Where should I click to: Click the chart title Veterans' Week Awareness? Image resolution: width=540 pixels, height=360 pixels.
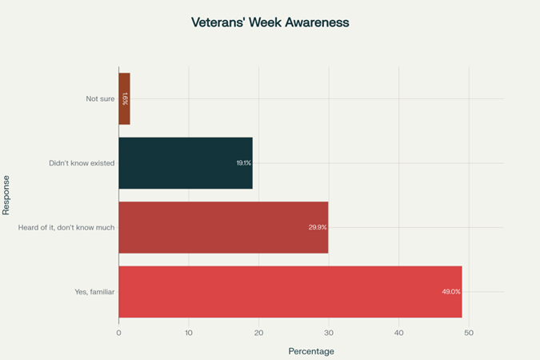270,22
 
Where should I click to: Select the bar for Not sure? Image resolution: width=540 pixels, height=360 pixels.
124,99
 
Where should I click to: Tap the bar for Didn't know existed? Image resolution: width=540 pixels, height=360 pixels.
186,163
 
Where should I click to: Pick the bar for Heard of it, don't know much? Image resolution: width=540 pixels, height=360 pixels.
223,227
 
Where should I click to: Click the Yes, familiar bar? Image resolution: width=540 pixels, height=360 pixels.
290,291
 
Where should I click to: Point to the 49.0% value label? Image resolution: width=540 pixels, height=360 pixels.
451,291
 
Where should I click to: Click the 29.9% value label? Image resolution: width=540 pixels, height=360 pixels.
318,227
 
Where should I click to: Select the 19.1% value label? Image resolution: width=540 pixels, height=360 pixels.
243,163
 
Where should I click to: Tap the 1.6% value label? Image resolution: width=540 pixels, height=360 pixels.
125,99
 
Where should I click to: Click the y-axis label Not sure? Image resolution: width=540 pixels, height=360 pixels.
100,99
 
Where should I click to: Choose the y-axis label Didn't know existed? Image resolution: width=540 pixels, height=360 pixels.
82,163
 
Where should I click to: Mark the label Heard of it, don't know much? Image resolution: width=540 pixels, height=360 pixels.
66,227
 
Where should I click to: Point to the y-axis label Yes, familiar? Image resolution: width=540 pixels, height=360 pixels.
94,291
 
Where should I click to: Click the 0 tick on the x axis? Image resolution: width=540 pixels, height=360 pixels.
118,332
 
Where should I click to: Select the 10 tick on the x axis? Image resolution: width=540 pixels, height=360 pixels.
189,332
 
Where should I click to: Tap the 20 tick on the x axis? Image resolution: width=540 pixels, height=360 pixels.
258,332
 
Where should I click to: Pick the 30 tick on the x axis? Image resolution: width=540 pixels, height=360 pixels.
329,332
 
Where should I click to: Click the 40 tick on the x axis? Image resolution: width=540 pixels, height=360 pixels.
398,332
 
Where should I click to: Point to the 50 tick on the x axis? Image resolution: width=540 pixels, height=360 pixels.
469,332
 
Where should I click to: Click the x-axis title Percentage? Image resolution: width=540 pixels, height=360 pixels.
310,351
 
